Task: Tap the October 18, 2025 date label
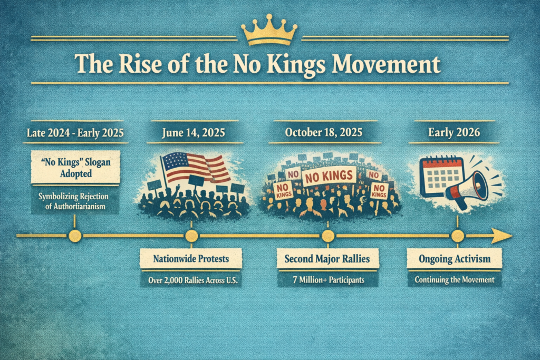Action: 324,133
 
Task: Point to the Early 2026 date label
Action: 455,133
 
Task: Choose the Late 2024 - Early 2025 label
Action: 74,133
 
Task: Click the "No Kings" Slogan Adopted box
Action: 74,167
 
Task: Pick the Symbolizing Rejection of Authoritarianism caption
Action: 74,201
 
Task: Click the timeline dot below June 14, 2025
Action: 191,236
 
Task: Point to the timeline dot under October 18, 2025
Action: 328,236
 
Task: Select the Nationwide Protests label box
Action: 190,259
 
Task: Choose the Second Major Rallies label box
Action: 328,259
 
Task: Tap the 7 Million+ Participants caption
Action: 328,280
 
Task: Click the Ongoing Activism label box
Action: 455,259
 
